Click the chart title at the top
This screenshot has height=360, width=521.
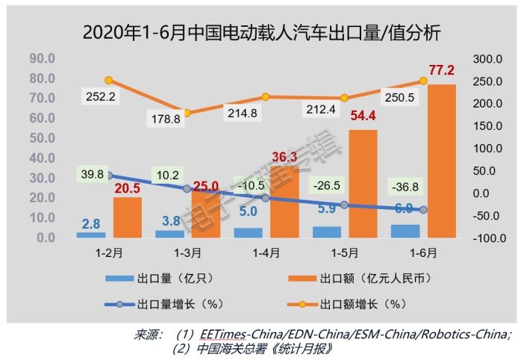pos(260,33)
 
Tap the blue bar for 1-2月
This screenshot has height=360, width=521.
pos(91,235)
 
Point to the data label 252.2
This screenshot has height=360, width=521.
pos(102,96)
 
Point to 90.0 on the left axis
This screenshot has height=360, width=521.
pos(40,58)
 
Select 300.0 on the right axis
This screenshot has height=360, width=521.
pos(487,58)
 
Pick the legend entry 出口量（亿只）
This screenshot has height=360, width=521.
pos(166,279)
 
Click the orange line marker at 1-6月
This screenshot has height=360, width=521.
pos(423,81)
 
